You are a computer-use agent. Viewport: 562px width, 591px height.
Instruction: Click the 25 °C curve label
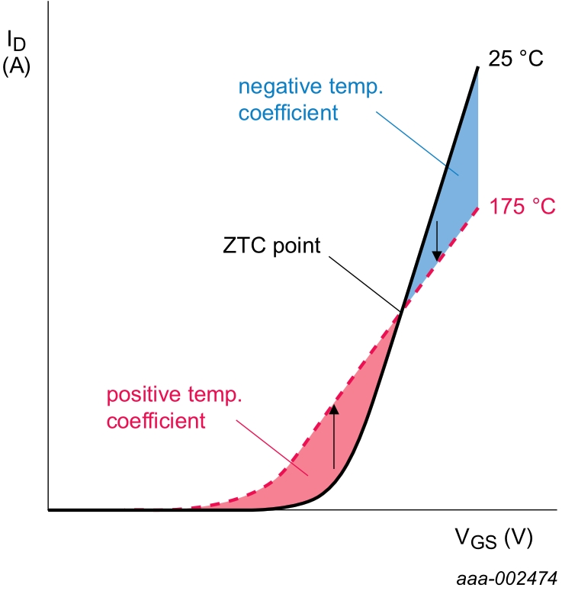pyautogui.click(x=515, y=59)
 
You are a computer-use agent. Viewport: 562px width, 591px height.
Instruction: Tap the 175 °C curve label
pyautogui.click(x=522, y=207)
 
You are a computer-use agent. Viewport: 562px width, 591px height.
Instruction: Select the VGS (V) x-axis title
pyautogui.click(x=493, y=539)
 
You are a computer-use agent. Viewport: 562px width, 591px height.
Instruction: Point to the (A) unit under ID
pyautogui.click(x=16, y=66)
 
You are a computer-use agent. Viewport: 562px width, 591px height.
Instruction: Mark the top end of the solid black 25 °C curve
pyautogui.click(x=477, y=68)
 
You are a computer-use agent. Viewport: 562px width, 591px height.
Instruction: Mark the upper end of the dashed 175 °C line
pyautogui.click(x=477, y=207)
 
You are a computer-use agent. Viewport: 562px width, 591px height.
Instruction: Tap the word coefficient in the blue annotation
pyautogui.click(x=287, y=114)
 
